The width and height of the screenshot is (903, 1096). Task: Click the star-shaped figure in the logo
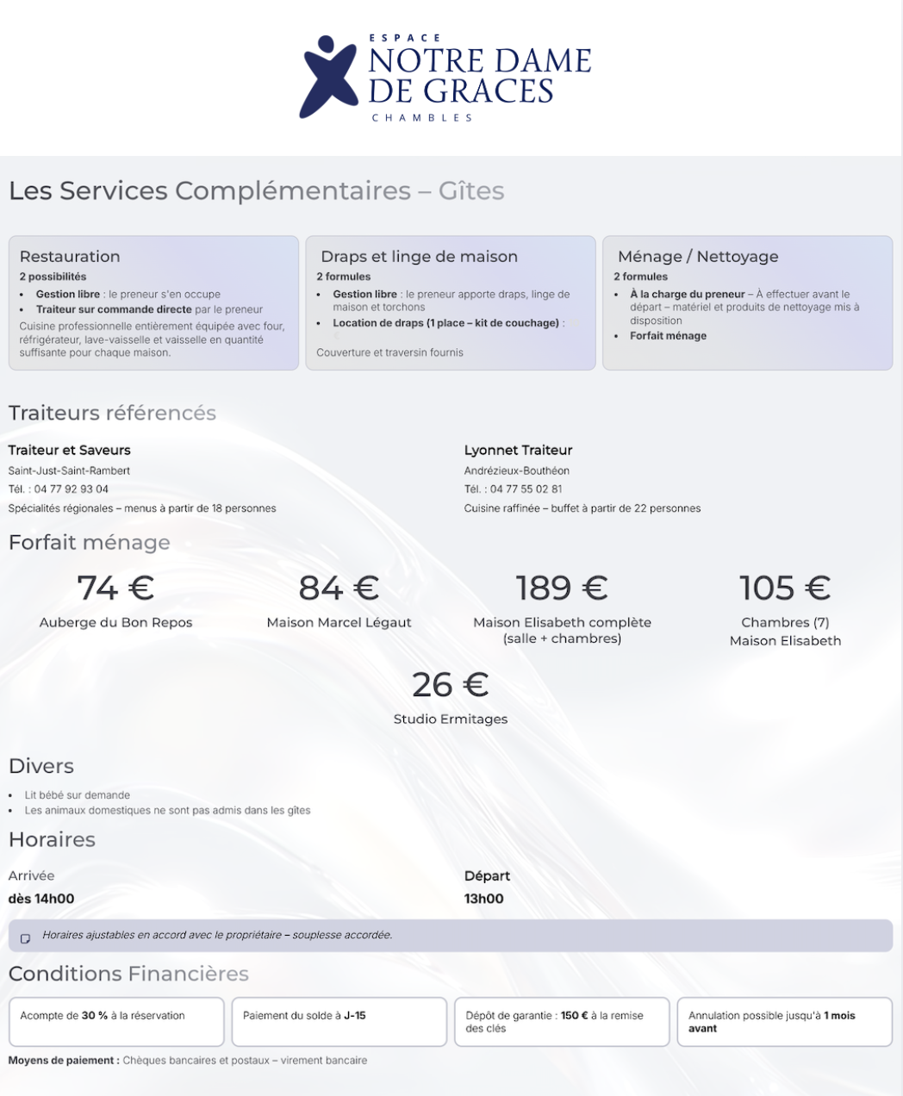click(x=327, y=78)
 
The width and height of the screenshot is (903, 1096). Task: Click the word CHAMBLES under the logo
click(x=422, y=118)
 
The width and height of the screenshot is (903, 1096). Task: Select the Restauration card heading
click(x=70, y=256)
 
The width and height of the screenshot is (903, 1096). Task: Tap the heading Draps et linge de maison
click(x=419, y=256)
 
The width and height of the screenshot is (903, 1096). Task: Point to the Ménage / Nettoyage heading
click(x=698, y=256)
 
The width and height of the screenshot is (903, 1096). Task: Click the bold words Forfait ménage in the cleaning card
click(x=668, y=336)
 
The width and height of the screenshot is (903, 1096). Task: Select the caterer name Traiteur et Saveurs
click(x=69, y=450)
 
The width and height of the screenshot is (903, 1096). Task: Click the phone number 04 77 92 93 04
click(x=72, y=489)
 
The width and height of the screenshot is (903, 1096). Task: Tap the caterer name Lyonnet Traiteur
click(x=518, y=450)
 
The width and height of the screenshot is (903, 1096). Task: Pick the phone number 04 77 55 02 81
click(x=526, y=489)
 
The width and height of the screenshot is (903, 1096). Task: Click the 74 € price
click(x=115, y=588)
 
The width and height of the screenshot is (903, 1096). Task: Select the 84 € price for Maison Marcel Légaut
click(x=339, y=588)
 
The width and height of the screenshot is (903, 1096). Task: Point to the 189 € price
click(x=562, y=588)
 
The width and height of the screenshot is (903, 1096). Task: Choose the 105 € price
click(x=785, y=588)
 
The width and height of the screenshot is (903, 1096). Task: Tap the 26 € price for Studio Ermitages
click(x=450, y=685)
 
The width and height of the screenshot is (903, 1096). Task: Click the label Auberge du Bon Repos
click(x=115, y=623)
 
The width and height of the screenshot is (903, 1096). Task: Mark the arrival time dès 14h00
click(x=41, y=899)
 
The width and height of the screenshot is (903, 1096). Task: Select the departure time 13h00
click(x=484, y=899)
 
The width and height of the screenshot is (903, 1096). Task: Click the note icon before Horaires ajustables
click(x=25, y=938)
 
